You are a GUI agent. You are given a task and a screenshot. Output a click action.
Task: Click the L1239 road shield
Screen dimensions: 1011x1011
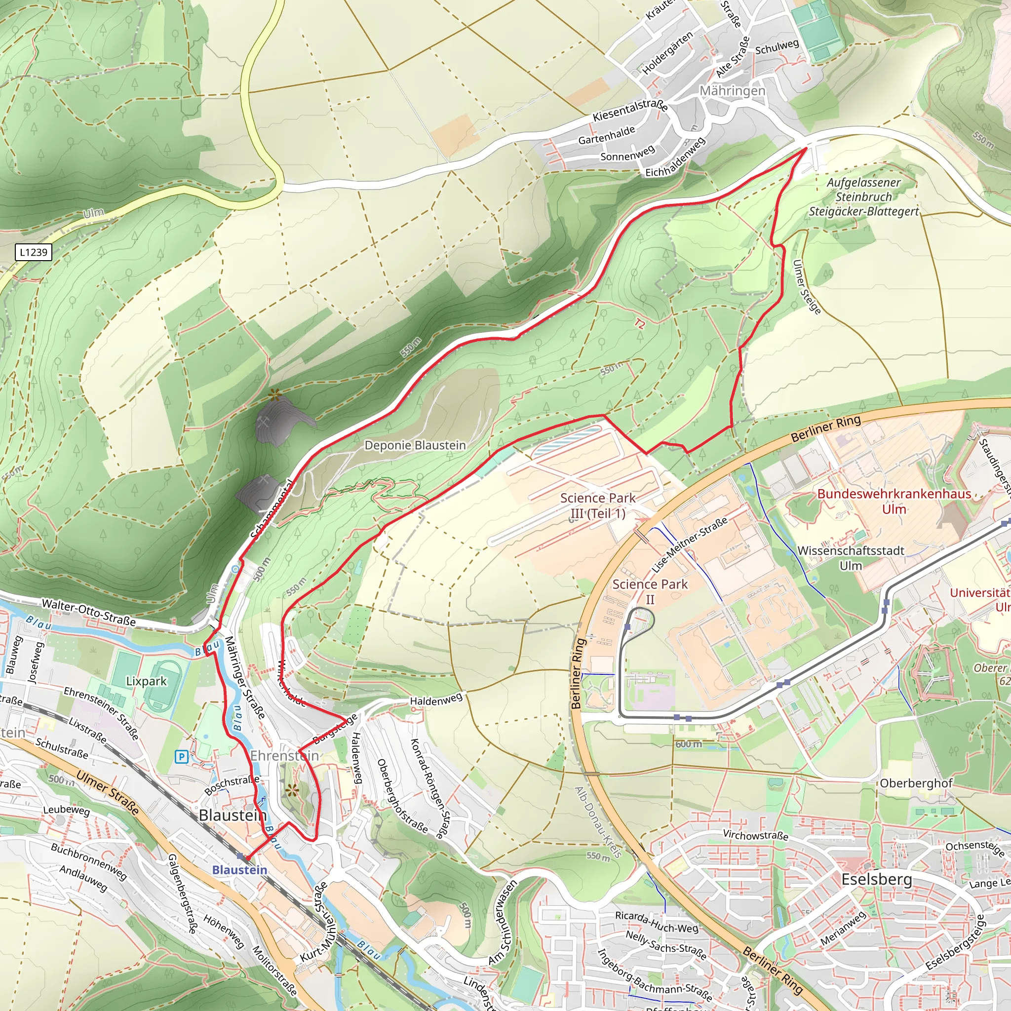(x=34, y=252)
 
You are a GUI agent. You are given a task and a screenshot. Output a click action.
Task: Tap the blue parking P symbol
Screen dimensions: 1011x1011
(x=182, y=757)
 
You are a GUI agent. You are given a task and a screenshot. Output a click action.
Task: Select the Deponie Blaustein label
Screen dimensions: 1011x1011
(x=415, y=445)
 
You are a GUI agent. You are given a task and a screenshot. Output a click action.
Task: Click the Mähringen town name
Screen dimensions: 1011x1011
(x=732, y=91)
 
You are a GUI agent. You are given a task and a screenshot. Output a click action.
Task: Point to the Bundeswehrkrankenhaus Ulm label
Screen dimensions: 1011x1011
(x=894, y=502)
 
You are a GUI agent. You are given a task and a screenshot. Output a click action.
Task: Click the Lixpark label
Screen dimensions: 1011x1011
(x=146, y=681)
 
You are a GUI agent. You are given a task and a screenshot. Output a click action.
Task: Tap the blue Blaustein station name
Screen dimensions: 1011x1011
(x=239, y=870)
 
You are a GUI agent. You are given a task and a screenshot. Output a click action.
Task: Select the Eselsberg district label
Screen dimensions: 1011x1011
(x=877, y=879)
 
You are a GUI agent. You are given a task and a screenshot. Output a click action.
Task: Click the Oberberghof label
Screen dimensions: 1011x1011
(x=916, y=783)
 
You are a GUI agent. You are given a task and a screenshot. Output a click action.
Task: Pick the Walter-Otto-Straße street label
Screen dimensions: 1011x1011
(x=88, y=613)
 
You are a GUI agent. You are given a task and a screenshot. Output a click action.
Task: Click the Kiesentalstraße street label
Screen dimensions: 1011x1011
(x=629, y=111)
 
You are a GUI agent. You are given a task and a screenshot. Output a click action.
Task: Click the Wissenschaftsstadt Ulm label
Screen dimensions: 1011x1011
(x=851, y=558)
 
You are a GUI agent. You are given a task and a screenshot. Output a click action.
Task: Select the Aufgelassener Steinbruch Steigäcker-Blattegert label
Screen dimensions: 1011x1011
(x=863, y=197)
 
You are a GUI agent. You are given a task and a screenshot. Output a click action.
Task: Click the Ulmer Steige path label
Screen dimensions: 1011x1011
(x=807, y=287)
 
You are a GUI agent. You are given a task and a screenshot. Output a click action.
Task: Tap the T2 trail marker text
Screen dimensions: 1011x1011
(x=639, y=324)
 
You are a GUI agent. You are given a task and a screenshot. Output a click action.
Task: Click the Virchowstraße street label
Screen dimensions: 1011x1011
(x=755, y=835)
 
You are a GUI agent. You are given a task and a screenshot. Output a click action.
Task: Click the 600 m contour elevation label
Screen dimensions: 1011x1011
(x=689, y=744)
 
